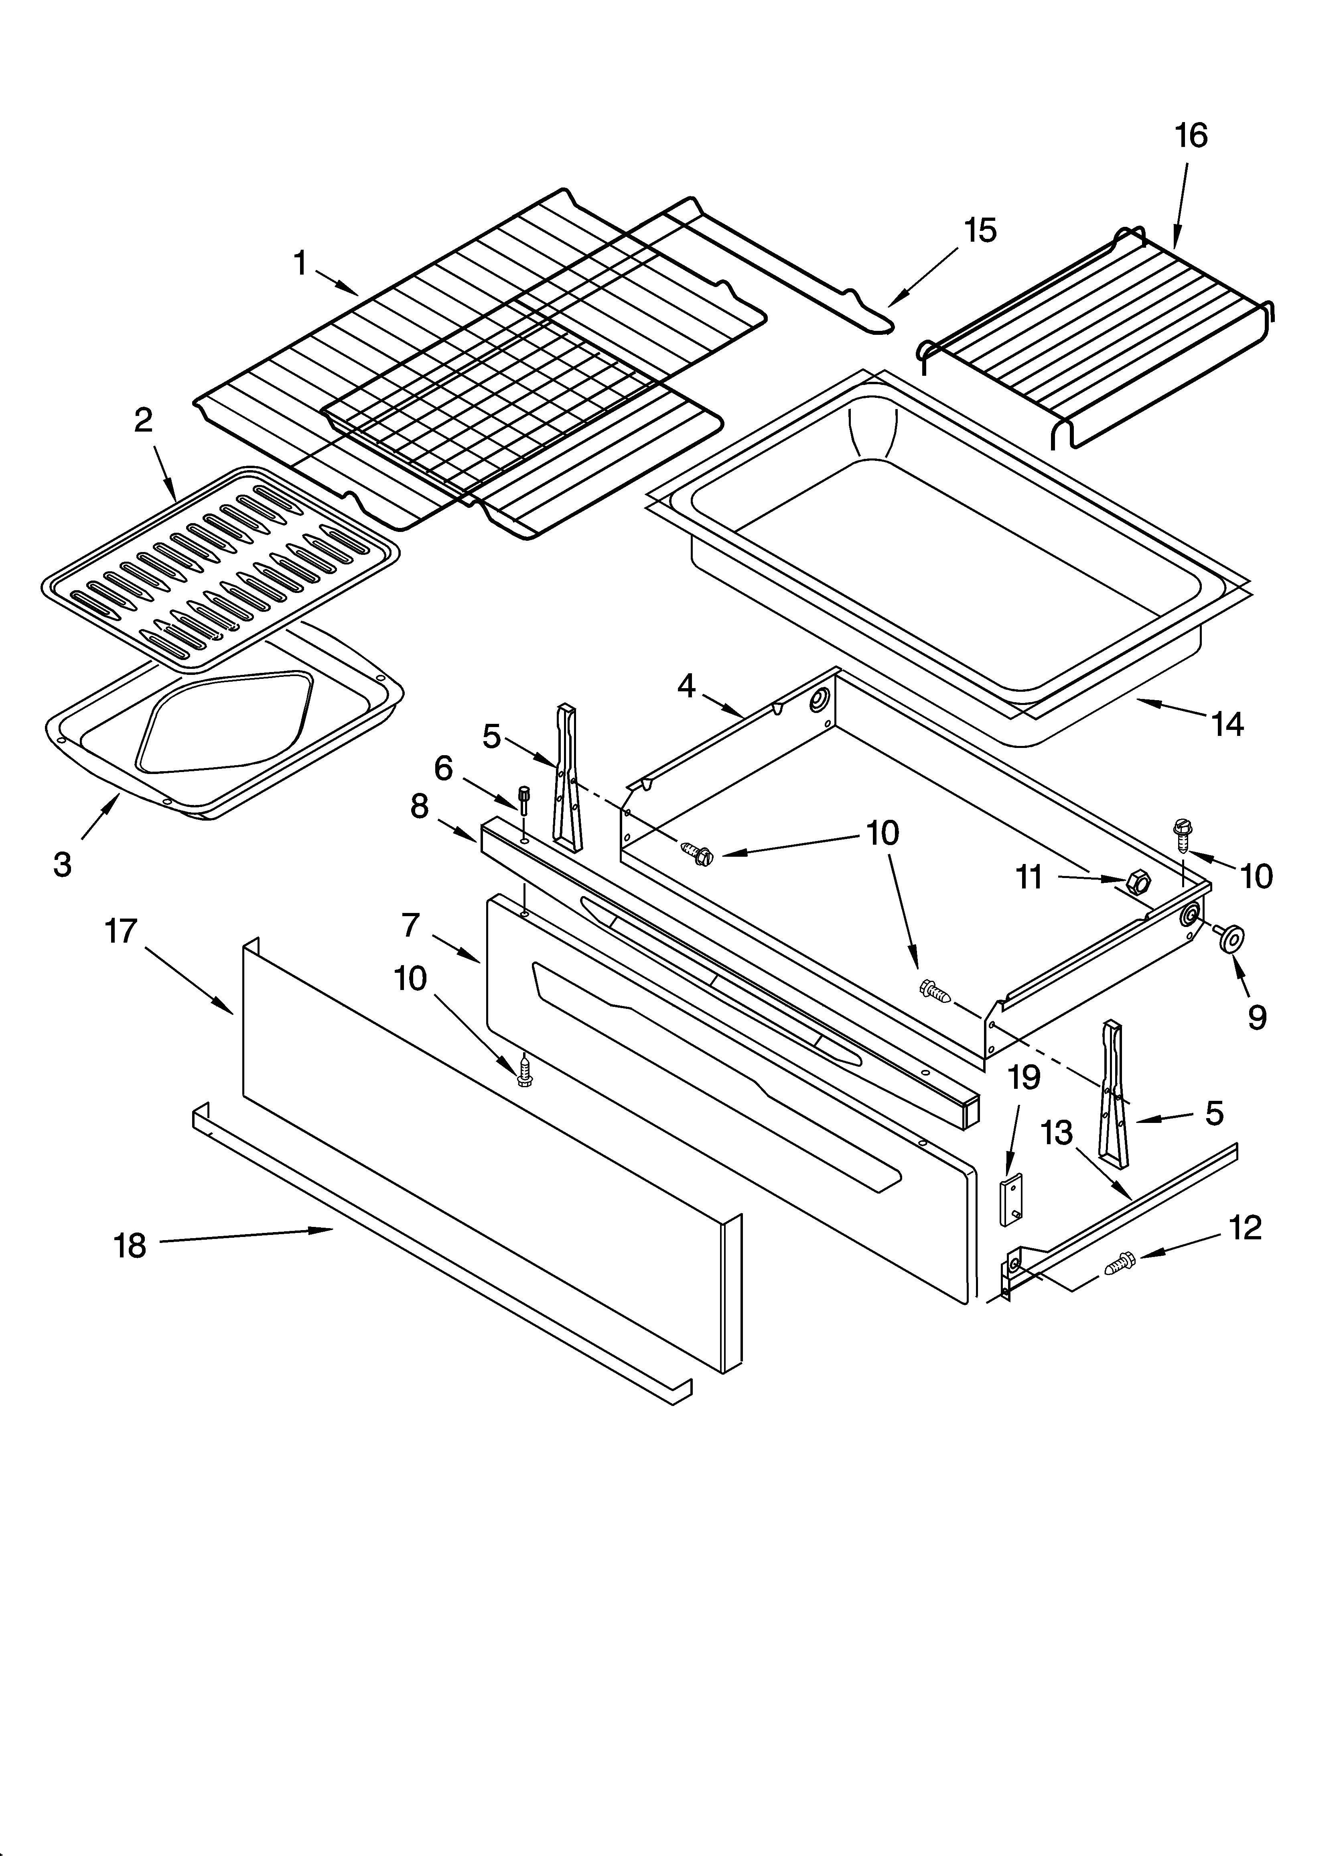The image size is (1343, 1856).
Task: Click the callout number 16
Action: point(1191,136)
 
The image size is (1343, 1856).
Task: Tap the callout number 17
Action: point(121,931)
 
